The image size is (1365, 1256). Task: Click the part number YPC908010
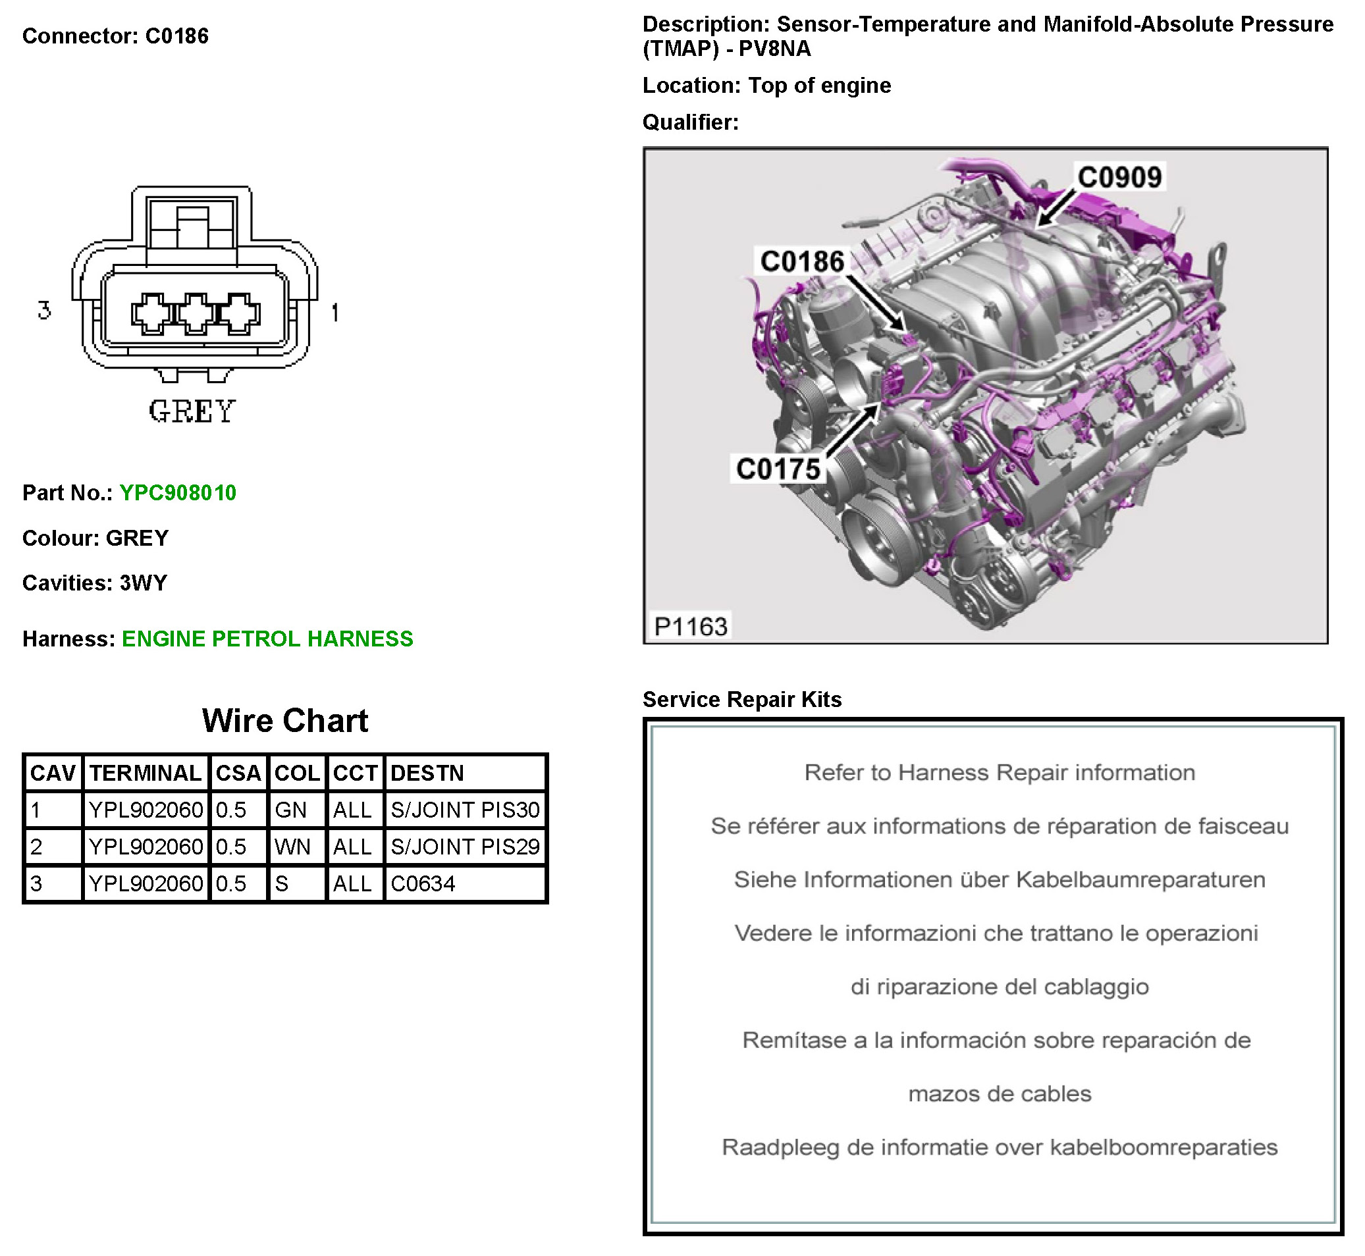click(177, 493)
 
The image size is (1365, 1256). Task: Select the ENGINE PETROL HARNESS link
click(267, 639)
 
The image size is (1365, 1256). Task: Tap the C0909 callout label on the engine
click(1119, 177)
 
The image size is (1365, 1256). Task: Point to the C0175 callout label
click(778, 469)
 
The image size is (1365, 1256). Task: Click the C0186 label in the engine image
click(802, 262)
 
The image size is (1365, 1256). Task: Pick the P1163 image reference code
click(690, 626)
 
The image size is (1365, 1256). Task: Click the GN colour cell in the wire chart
click(291, 810)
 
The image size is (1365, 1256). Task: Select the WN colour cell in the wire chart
click(292, 847)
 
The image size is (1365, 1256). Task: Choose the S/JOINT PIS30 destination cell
click(465, 810)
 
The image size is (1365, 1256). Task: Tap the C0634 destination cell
click(423, 883)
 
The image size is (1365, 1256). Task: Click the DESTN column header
click(427, 773)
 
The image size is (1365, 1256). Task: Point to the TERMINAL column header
click(146, 773)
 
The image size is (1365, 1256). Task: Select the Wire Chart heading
click(285, 721)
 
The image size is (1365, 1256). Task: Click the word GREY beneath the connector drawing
click(192, 412)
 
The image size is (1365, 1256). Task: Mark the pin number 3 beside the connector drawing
click(45, 311)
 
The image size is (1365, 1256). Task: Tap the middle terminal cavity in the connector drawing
click(196, 314)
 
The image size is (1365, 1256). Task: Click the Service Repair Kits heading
click(741, 699)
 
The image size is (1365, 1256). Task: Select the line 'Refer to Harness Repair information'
click(1000, 773)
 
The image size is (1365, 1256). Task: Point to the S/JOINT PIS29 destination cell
click(465, 847)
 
